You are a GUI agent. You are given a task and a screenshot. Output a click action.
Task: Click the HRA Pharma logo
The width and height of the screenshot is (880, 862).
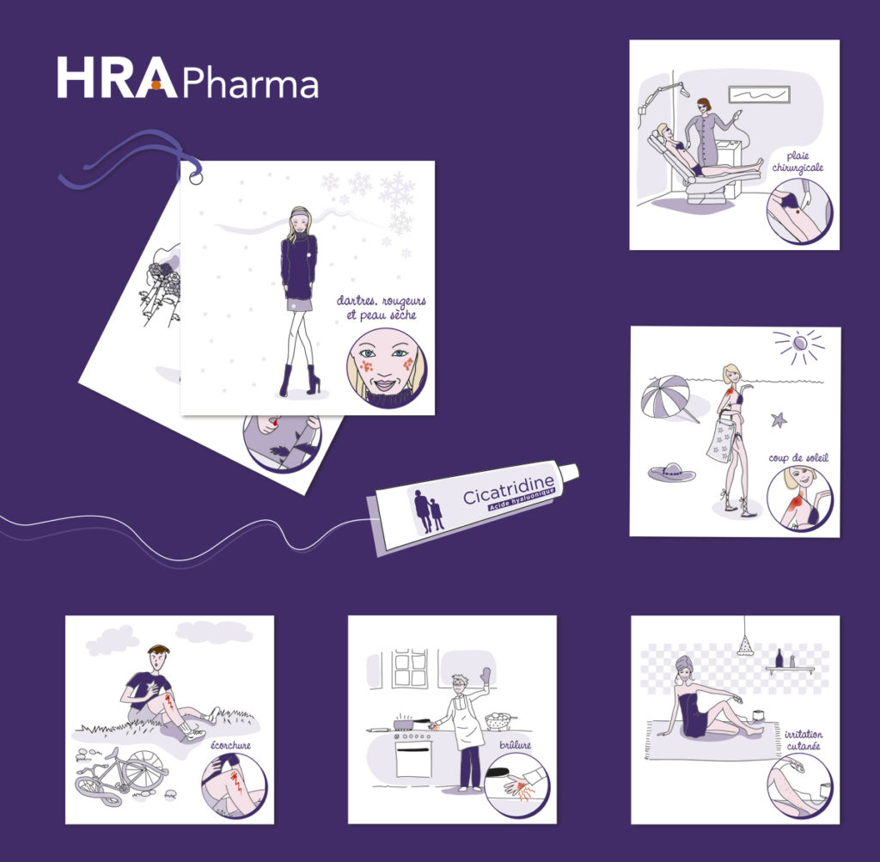pos(187,78)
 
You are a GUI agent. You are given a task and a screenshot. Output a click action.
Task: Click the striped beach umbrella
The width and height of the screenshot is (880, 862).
pos(667,396)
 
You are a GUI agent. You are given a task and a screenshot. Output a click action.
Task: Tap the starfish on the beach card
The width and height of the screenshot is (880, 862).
pos(779,419)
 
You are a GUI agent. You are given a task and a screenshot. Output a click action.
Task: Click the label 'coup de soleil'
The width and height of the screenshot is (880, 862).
pos(798,458)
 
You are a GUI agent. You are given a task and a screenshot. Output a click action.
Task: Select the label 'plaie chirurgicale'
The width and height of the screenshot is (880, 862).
pos(797,162)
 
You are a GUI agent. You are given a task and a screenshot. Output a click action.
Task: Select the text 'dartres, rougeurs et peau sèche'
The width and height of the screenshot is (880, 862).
pos(382,308)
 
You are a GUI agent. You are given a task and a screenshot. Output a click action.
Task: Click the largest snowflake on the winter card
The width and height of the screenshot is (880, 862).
pos(396,190)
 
